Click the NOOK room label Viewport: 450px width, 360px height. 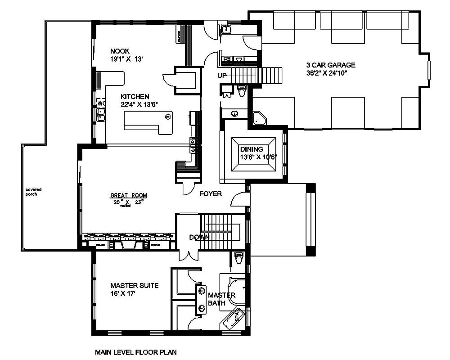click(119, 51)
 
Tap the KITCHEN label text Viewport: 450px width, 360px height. click(135, 96)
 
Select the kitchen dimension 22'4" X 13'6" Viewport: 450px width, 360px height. click(139, 104)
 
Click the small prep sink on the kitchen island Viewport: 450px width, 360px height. click(167, 117)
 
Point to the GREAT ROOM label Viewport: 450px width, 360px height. click(128, 195)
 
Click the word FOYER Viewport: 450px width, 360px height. click(211, 194)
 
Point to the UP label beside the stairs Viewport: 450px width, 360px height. click(222, 75)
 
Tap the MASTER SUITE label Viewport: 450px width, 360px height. click(134, 286)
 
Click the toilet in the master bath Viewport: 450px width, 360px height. click(238, 259)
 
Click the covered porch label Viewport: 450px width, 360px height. click(31, 192)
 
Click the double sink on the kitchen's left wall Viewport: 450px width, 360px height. click(101, 114)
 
